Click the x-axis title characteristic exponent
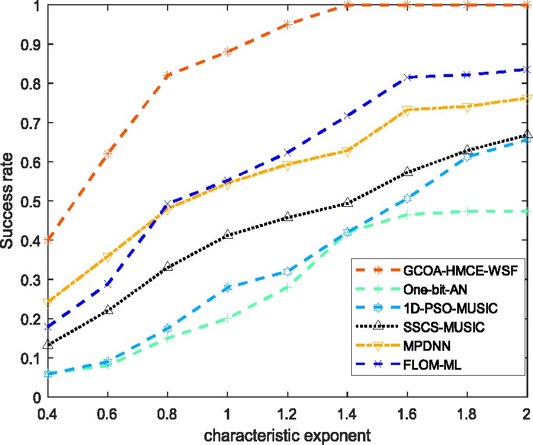[288, 436]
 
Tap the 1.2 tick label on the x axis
[287, 412]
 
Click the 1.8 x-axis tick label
[467, 412]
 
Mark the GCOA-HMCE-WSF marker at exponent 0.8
[168, 75]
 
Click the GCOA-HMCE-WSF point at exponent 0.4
[48, 240]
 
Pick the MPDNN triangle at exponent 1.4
[348, 152]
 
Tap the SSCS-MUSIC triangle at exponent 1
[227, 235]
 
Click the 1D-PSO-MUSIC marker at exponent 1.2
[287, 271]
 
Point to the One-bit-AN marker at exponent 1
[227, 319]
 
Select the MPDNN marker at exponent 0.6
[108, 257]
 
